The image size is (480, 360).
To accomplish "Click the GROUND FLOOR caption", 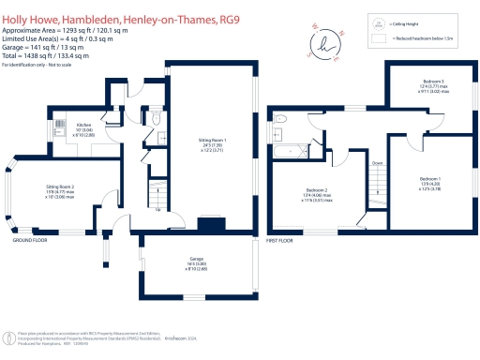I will click(30, 241).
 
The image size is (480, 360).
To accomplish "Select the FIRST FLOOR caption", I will click(279, 241).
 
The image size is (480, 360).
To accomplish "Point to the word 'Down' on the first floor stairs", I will click(376, 162).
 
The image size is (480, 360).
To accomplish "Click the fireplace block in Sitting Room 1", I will click(212, 223).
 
